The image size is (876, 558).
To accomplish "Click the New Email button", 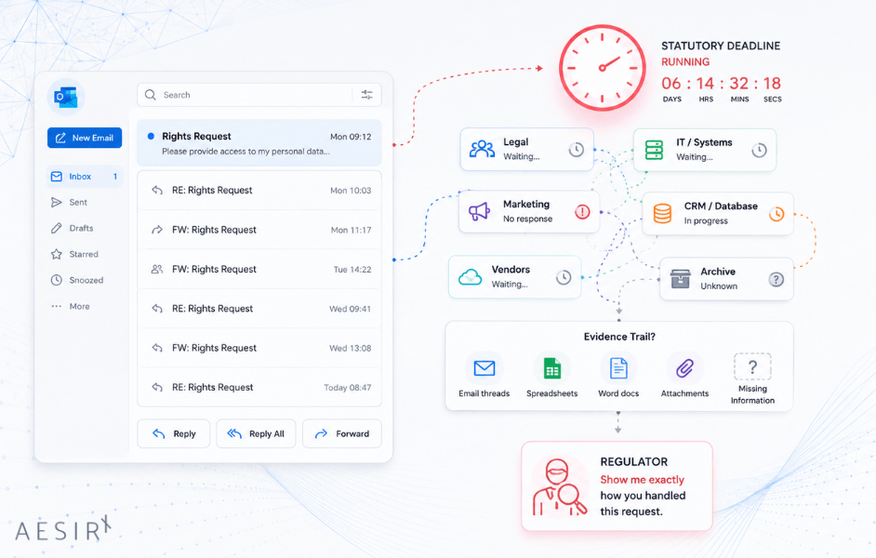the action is tap(85, 138).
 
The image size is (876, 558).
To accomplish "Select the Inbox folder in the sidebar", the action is tap(85, 177).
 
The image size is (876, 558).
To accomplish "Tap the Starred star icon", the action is tap(57, 254).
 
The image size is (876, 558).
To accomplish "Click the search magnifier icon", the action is tap(151, 95).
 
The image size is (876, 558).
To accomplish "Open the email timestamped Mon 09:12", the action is tap(259, 143).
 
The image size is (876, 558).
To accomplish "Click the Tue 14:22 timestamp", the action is tap(352, 269).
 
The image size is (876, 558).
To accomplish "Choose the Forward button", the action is tap(342, 433).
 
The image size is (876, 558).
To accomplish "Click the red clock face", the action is tap(603, 68).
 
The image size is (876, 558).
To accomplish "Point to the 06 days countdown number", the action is tap(671, 83).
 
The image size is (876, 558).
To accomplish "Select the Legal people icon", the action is tap(482, 149).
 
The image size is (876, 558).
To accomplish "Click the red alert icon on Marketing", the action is tap(582, 212).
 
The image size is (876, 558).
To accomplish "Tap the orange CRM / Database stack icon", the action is tap(663, 213).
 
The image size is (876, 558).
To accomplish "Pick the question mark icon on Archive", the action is tap(776, 279).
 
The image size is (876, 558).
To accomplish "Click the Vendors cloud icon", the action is tap(470, 277).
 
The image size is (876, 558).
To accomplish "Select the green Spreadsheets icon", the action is tap(552, 368).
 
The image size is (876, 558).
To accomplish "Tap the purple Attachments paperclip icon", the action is tap(684, 368).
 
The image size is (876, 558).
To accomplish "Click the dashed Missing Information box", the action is tap(752, 366).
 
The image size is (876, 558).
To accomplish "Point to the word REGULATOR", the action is tap(634, 462).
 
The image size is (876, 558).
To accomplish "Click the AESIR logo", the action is tap(62, 529).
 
